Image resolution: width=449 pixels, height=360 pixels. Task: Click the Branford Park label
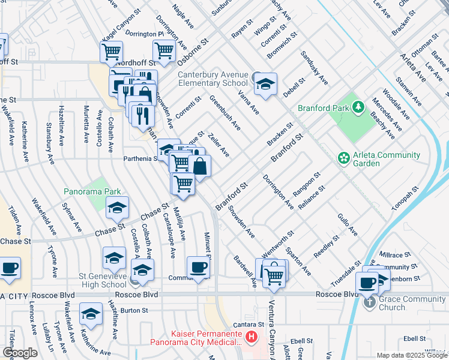324,109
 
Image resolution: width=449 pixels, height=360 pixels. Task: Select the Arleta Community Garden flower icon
344,158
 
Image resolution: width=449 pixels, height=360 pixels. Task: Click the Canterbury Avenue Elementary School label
213,79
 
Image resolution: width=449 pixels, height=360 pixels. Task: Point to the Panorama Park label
92,191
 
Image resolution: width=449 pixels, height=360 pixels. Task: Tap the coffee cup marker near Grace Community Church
367,283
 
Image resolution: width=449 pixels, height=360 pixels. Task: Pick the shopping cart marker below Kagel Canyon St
111,52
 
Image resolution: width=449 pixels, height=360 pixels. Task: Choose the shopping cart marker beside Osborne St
164,52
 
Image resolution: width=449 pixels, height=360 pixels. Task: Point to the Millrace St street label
394,255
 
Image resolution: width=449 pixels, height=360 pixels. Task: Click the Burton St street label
134,310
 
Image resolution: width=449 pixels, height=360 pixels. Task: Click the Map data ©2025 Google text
411,355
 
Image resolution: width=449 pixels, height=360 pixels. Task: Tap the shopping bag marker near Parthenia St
200,166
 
